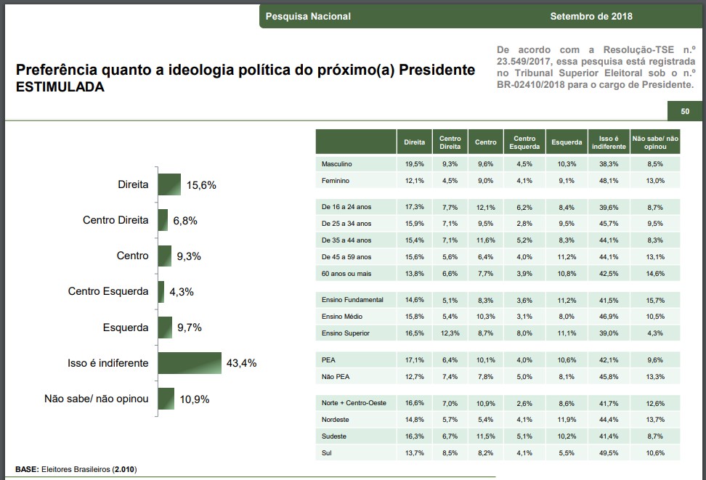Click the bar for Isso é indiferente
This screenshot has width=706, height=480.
[190, 362]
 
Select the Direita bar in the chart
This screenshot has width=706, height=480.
[169, 184]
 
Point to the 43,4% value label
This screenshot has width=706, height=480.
[242, 363]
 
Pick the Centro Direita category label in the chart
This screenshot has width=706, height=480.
[115, 220]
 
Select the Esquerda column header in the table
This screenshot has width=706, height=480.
[567, 142]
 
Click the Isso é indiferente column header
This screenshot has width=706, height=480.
[609, 142]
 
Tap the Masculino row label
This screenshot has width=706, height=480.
[337, 165]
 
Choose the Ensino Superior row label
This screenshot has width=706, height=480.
[346, 333]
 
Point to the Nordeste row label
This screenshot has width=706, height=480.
[335, 420]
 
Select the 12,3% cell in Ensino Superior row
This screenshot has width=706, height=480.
[450, 333]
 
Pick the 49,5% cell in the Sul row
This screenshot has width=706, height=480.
[609, 453]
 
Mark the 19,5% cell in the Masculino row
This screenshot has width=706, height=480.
[414, 165]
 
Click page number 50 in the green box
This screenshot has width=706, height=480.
[685, 111]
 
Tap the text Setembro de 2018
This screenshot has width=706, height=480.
[591, 17]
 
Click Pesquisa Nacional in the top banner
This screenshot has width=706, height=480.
[308, 17]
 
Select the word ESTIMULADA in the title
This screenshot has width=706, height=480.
[60, 87]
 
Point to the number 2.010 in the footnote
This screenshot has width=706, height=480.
[124, 469]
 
